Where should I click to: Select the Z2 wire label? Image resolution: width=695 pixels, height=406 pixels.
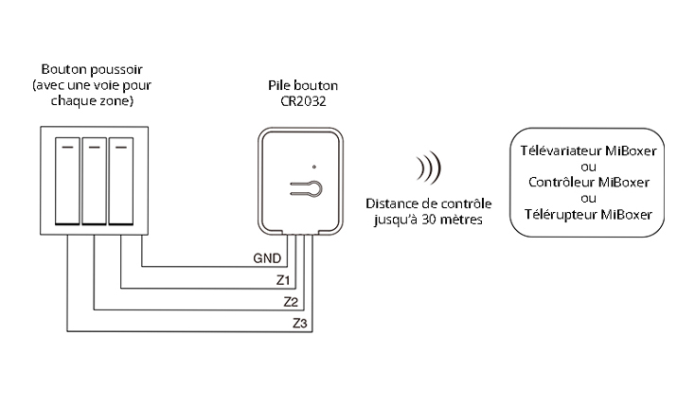click(x=292, y=302)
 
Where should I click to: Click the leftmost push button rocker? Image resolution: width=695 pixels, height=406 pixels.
click(x=68, y=181)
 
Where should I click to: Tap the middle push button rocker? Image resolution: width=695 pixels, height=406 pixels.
click(x=94, y=181)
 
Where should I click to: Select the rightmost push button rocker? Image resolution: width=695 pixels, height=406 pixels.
click(x=120, y=181)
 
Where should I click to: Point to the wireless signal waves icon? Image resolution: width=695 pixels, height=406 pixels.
click(x=428, y=169)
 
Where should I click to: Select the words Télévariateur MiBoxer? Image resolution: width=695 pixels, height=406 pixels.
click(x=588, y=150)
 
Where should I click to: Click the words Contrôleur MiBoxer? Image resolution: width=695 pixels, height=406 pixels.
click(x=588, y=182)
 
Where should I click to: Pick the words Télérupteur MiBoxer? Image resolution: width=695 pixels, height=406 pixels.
click(x=588, y=213)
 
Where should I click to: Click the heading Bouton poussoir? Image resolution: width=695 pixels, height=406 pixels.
click(x=92, y=70)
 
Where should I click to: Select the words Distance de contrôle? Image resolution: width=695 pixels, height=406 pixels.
click(x=428, y=203)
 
